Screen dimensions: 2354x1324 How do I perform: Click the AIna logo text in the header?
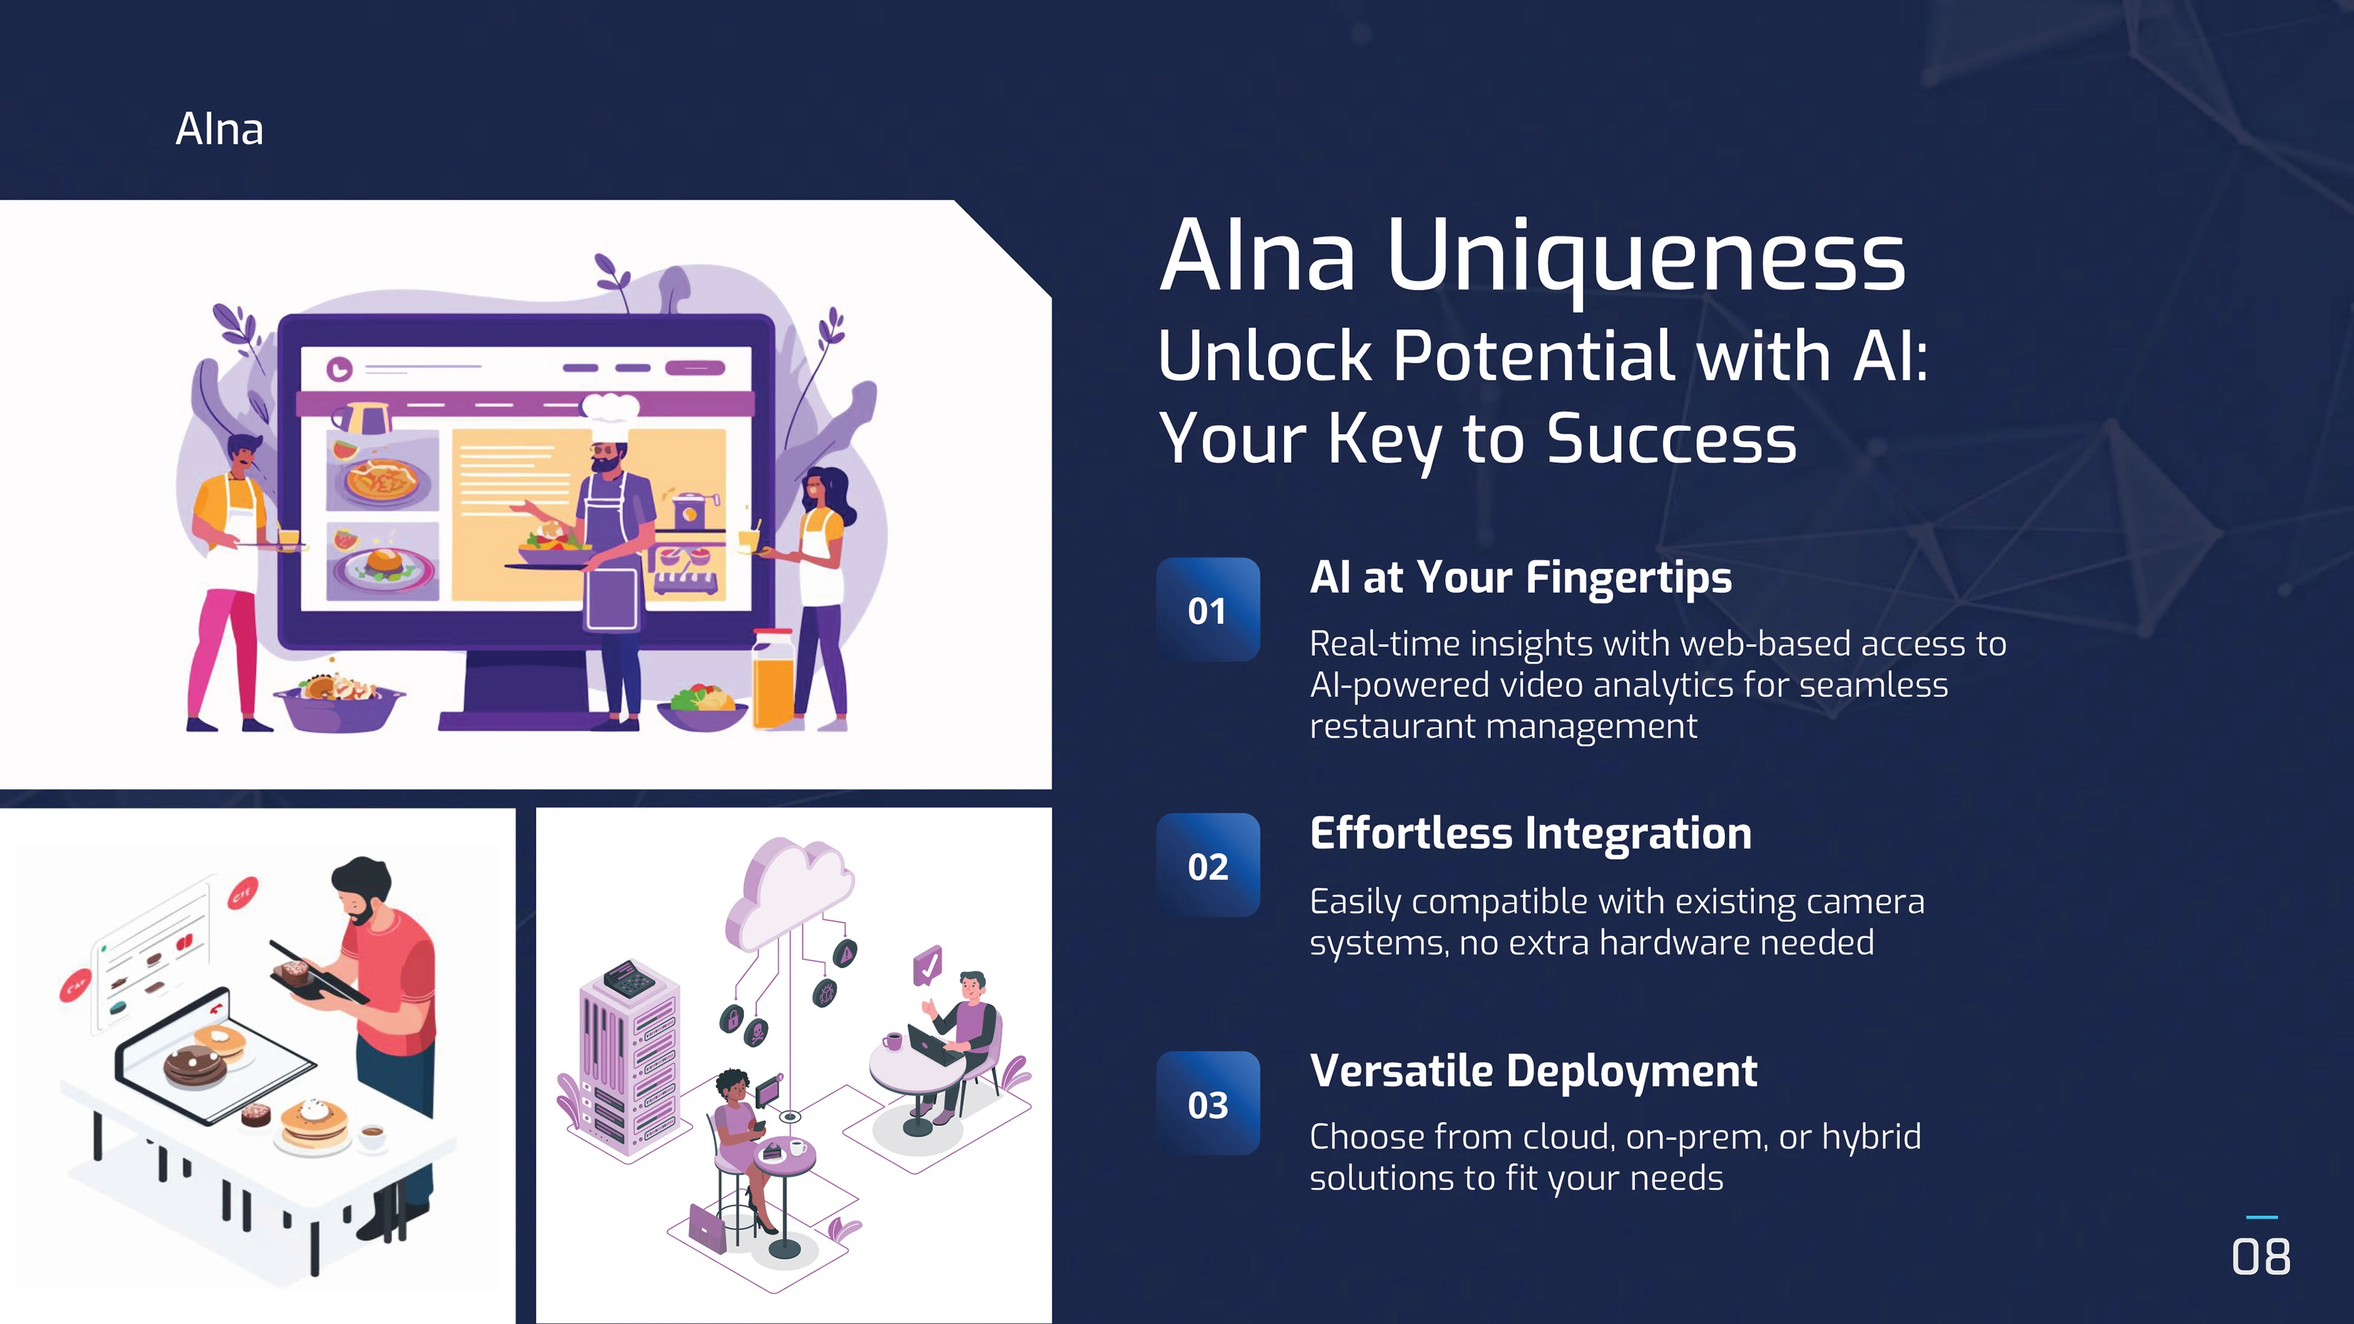tap(219, 129)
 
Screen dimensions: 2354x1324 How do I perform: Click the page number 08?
tap(2261, 1257)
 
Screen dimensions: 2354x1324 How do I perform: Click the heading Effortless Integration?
tap(1531, 834)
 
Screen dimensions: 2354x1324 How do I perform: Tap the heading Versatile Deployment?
tap(1533, 1071)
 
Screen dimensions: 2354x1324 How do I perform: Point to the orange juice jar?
tap(773, 678)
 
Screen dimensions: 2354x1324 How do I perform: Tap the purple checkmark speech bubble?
tap(928, 965)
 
